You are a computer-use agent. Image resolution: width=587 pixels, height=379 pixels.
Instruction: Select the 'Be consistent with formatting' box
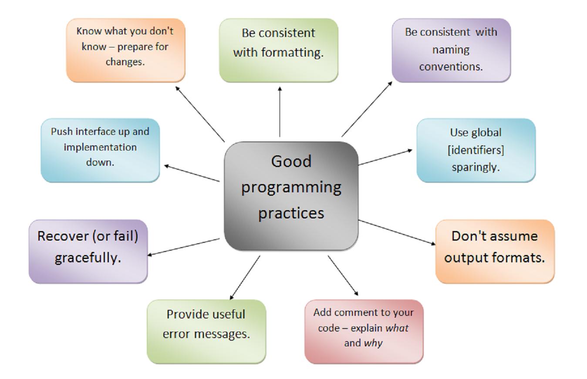(x=279, y=50)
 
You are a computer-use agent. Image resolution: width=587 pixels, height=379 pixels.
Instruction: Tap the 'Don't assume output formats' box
(x=495, y=251)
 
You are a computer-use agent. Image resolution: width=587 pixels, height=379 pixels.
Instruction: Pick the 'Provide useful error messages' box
(x=206, y=331)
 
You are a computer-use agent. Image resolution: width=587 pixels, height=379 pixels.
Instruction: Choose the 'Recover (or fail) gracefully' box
(x=88, y=251)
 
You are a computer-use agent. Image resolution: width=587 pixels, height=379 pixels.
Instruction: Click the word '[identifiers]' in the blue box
(x=476, y=150)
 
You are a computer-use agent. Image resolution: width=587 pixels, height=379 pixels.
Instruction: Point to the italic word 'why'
(x=373, y=343)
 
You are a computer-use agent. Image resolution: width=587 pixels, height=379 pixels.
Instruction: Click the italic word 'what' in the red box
(x=397, y=328)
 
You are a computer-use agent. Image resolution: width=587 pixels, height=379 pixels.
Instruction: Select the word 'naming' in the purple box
(x=451, y=50)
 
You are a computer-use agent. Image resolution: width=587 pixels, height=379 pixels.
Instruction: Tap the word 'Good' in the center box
(x=291, y=161)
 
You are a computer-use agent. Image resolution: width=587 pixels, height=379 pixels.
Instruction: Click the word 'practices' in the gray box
(x=291, y=213)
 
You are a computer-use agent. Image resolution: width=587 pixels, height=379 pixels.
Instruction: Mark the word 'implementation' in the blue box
(x=100, y=147)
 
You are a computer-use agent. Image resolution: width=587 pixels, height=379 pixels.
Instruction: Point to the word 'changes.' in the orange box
(x=125, y=62)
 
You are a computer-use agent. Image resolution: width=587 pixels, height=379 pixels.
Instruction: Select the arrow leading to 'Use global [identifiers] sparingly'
(x=385, y=158)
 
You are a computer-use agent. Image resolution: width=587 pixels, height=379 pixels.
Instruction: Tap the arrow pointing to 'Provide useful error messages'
(x=245, y=278)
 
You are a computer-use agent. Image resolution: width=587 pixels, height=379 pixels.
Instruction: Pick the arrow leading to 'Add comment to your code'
(x=343, y=275)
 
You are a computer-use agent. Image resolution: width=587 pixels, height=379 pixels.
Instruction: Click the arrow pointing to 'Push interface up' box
(x=192, y=173)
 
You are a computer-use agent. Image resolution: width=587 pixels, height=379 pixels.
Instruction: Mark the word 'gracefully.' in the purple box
(x=88, y=258)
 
